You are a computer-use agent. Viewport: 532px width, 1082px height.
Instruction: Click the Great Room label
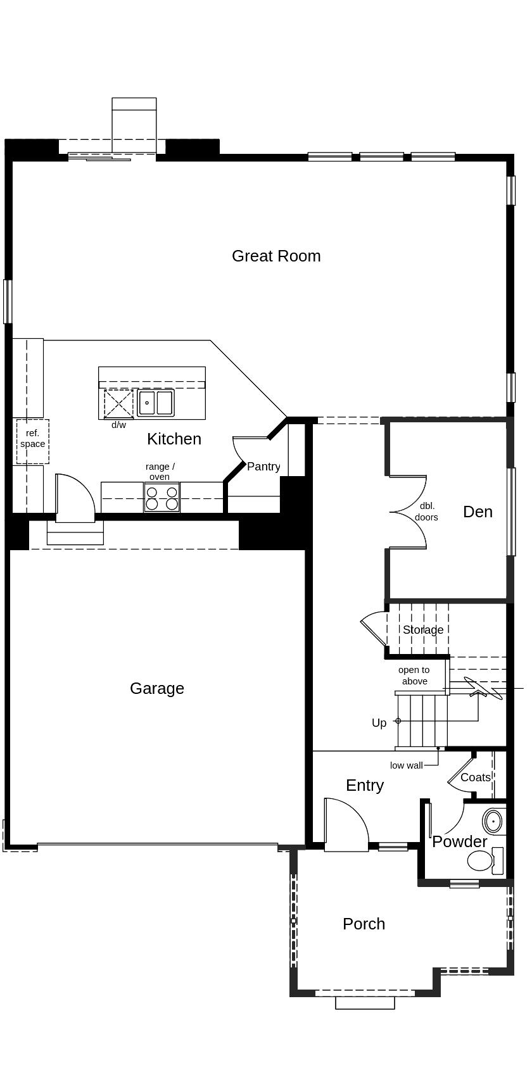tap(276, 256)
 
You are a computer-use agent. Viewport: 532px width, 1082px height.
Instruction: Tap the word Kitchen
tap(174, 439)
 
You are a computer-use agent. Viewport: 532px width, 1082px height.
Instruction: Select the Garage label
tap(157, 688)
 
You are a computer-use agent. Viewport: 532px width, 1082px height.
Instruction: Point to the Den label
tap(478, 512)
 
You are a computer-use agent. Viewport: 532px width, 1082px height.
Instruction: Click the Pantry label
tap(263, 467)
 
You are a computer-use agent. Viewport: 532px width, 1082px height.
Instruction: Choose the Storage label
tap(423, 629)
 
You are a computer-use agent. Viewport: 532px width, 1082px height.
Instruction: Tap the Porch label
tap(364, 924)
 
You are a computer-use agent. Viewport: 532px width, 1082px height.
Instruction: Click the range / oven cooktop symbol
tap(161, 498)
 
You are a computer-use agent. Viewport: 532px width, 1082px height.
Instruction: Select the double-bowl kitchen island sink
tap(155, 403)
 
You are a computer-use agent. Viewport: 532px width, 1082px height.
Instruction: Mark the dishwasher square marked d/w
tap(118, 403)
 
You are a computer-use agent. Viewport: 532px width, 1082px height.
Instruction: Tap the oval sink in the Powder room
tap(493, 821)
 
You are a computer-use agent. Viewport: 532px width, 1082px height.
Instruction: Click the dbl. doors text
tap(426, 512)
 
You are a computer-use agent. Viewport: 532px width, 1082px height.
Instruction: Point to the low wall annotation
tap(406, 765)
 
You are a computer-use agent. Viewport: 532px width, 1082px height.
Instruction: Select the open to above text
tap(414, 676)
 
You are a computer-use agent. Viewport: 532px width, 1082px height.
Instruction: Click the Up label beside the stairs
tap(379, 723)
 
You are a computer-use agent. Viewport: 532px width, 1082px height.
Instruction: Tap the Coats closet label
tap(475, 777)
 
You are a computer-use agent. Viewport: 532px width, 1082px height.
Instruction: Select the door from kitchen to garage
tap(75, 499)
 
